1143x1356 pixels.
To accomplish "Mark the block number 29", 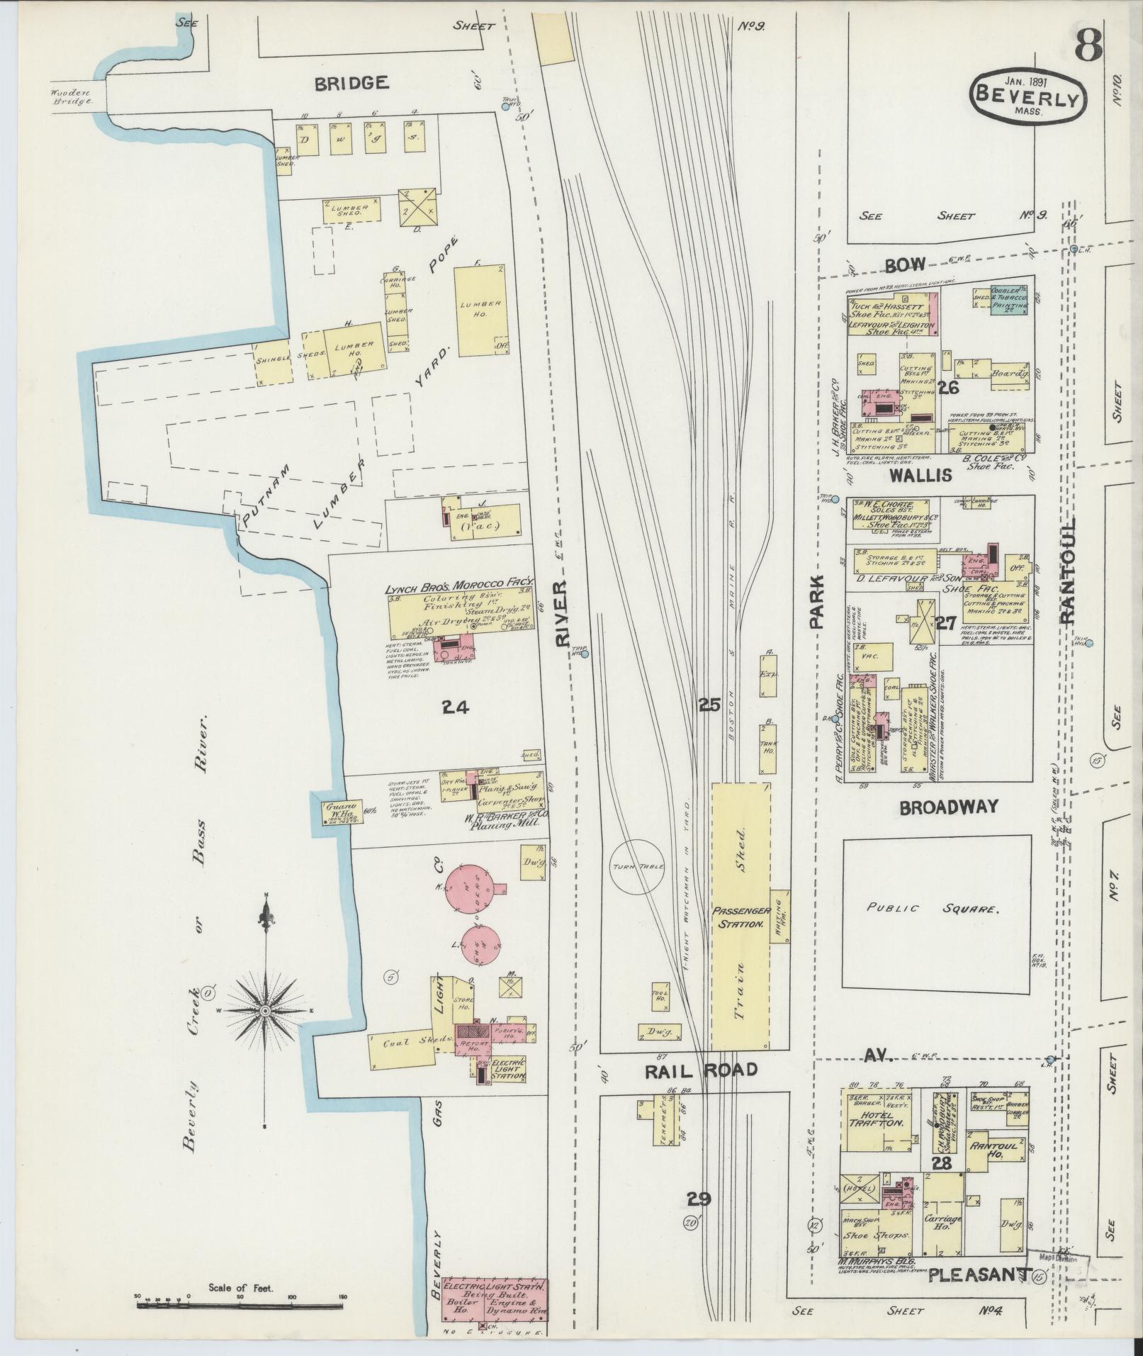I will [x=698, y=1199].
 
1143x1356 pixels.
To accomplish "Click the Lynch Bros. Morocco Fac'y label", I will [x=458, y=589].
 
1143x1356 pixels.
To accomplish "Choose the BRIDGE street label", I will [x=351, y=83].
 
